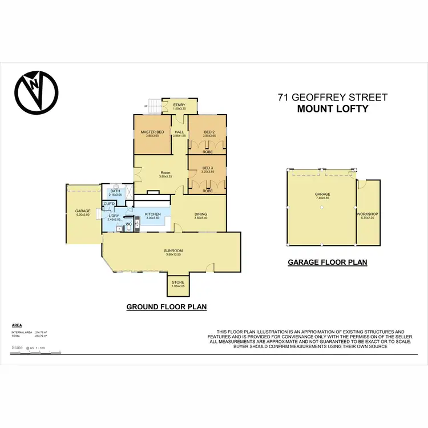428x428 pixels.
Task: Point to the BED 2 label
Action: pos(208,132)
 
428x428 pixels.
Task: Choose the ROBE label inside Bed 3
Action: pos(208,191)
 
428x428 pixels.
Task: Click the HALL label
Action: pos(179,132)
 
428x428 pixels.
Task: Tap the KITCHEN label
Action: pos(154,214)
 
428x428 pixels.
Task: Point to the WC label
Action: pos(129,224)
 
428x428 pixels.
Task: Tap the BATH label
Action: pos(115,192)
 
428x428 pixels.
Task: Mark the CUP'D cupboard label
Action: pos(110,204)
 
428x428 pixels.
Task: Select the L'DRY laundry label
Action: pos(114,216)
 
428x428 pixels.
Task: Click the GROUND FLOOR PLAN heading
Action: pos(166,307)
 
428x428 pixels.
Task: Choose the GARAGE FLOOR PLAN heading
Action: pos(327,263)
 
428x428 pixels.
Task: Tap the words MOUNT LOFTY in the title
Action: pos(332,108)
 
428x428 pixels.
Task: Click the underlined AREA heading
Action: pos(17,324)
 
